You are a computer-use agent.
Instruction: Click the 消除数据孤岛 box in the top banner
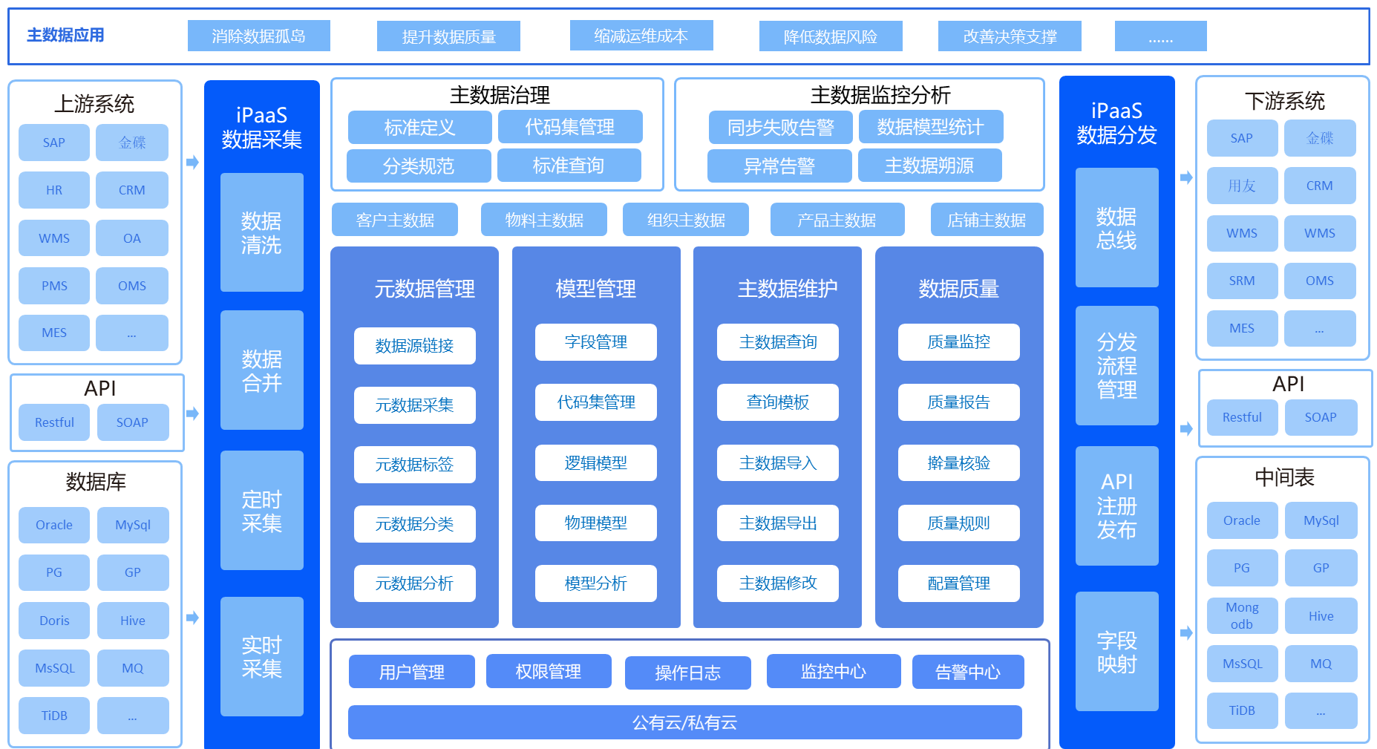coord(258,36)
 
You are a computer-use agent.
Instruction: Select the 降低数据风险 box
coord(831,36)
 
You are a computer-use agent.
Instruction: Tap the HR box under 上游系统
coord(54,190)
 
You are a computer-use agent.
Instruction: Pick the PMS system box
coord(54,286)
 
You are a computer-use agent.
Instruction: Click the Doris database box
coord(54,621)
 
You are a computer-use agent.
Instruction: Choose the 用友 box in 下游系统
coord(1242,186)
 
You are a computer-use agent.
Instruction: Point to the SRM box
coord(1242,281)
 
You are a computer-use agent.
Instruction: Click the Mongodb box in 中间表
coord(1242,616)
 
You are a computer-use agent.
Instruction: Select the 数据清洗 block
coord(262,232)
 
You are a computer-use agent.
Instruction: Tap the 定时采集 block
coord(262,511)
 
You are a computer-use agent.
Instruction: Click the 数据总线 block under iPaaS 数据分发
coord(1117,228)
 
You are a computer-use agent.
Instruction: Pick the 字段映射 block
coord(1117,652)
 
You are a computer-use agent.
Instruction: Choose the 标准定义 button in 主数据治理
coord(419,127)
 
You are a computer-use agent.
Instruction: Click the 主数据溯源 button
coord(929,166)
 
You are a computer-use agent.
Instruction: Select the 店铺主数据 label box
coord(987,220)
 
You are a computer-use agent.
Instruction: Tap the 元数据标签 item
coord(414,465)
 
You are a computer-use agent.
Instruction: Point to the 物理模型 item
coord(595,523)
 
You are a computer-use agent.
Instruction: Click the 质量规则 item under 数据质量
coord(958,523)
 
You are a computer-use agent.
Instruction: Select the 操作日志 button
coord(687,673)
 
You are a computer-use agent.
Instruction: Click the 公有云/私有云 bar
coord(684,722)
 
